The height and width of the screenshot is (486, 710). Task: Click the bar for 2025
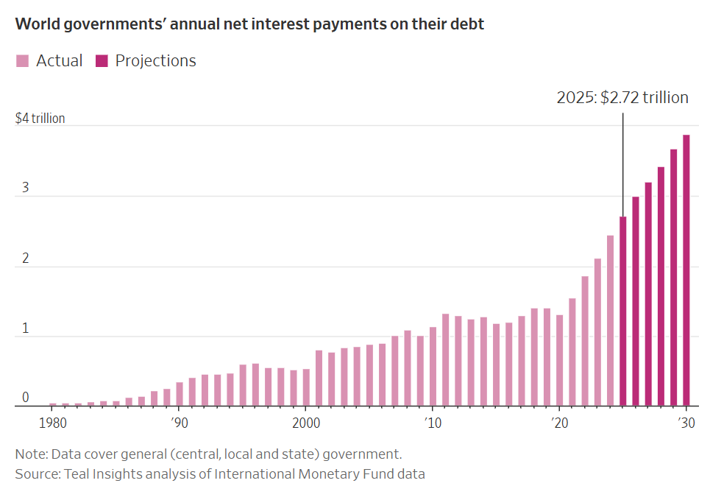[623, 311]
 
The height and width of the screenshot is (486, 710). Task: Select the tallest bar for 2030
[686, 270]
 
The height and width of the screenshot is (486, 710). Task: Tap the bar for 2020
[560, 360]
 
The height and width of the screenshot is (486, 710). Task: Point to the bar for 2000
[306, 387]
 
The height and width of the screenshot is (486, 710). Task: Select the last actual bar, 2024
[610, 320]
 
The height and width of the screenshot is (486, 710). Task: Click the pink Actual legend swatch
[23, 61]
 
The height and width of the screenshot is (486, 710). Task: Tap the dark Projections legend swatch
[102, 61]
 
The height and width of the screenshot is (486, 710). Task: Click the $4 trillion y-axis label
[40, 118]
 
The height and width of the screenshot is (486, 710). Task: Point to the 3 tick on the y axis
[25, 188]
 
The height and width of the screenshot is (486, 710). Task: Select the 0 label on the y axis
[25, 398]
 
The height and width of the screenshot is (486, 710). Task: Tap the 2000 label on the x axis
[306, 423]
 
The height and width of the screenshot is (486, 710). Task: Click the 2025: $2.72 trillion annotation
[622, 97]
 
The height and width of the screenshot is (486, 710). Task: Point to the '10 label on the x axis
[432, 423]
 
